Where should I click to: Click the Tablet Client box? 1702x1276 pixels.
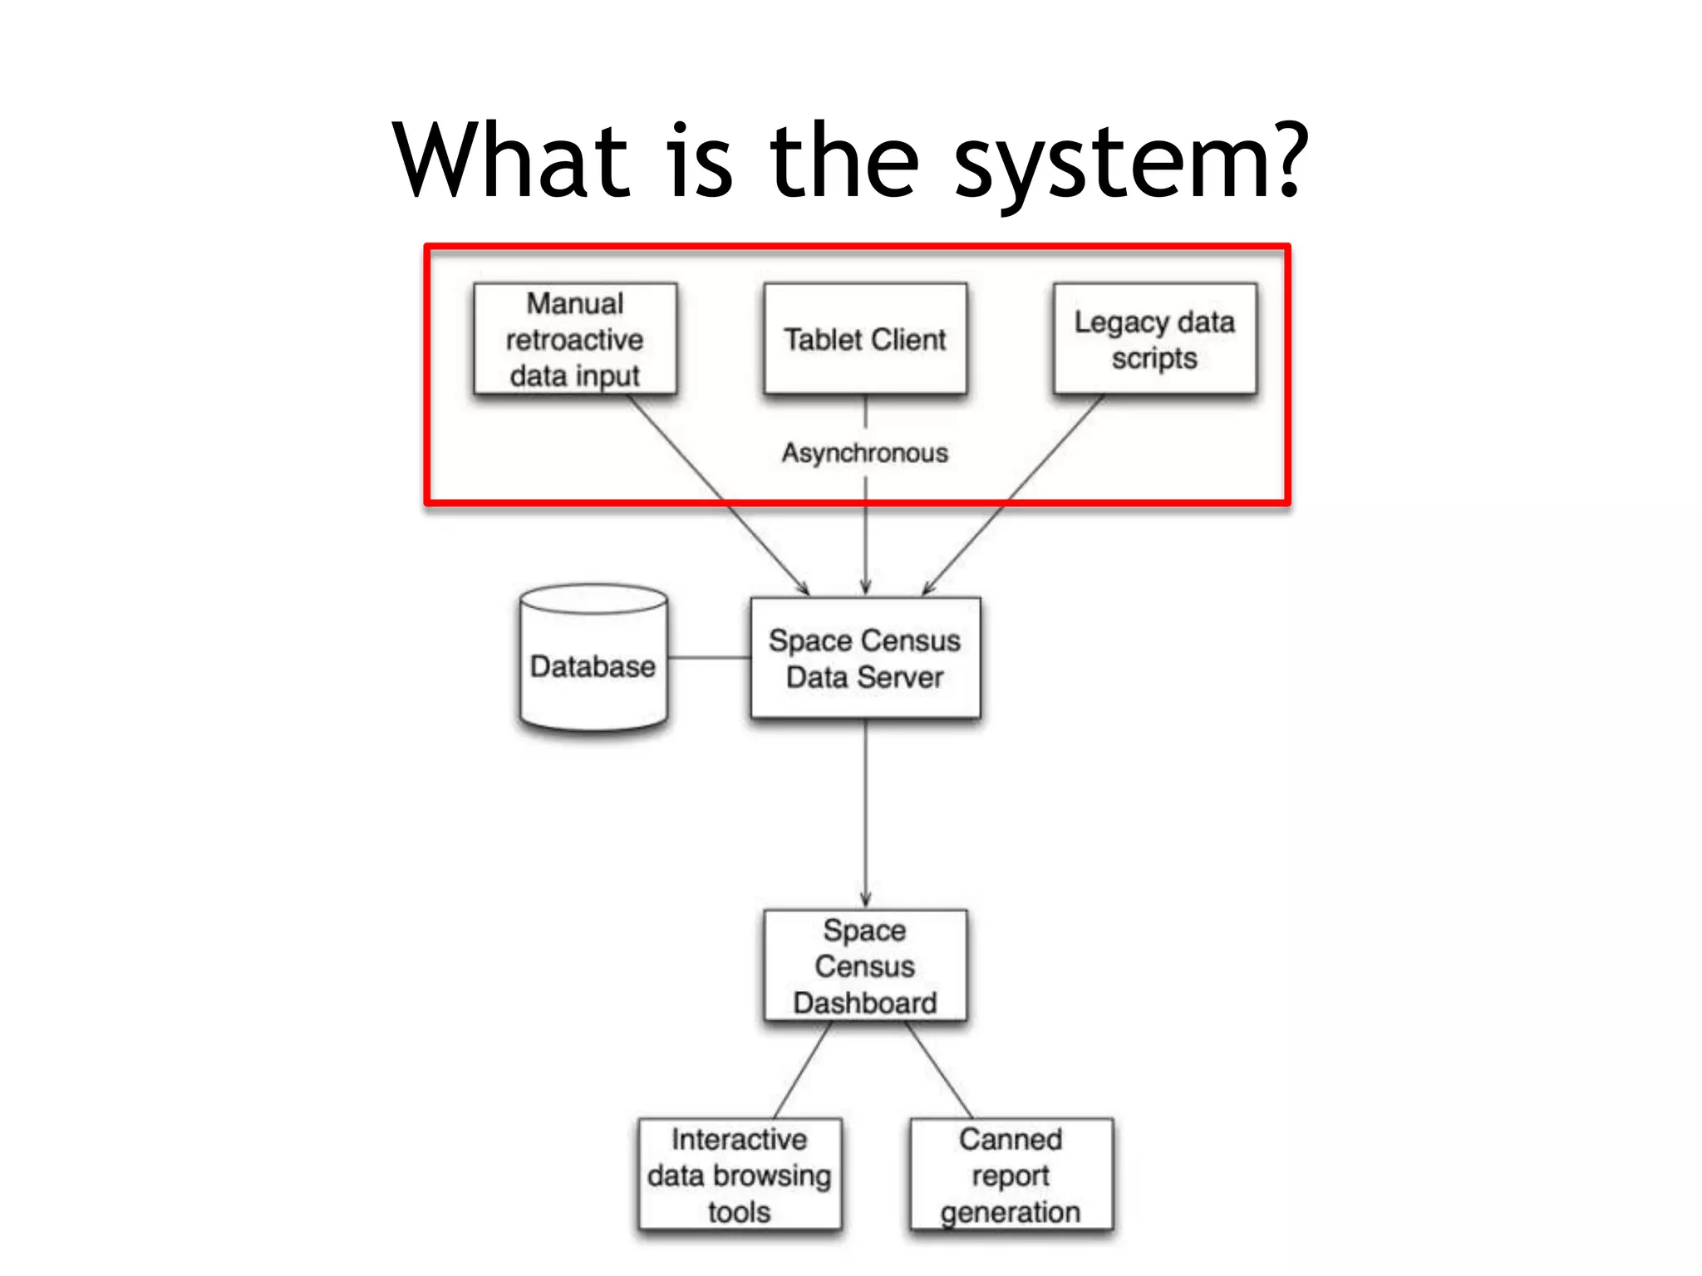point(865,339)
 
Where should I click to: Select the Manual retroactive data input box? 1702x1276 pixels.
point(575,339)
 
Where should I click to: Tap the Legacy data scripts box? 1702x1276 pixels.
point(1154,339)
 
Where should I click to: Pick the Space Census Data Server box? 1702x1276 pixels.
point(865,658)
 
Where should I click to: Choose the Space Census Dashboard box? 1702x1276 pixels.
point(865,965)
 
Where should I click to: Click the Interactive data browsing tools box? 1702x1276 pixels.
point(740,1175)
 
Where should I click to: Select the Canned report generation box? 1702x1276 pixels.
point(1011,1175)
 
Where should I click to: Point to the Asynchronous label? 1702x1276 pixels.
point(865,453)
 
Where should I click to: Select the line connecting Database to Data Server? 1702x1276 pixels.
point(709,658)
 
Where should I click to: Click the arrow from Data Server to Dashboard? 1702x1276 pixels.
point(865,814)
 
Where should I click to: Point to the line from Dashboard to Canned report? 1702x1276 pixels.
point(939,1070)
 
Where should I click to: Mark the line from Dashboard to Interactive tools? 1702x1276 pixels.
point(802,1070)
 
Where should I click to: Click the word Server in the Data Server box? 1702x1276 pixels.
point(902,677)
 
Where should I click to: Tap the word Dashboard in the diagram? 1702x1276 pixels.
point(865,1003)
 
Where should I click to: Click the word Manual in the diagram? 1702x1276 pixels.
point(575,303)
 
